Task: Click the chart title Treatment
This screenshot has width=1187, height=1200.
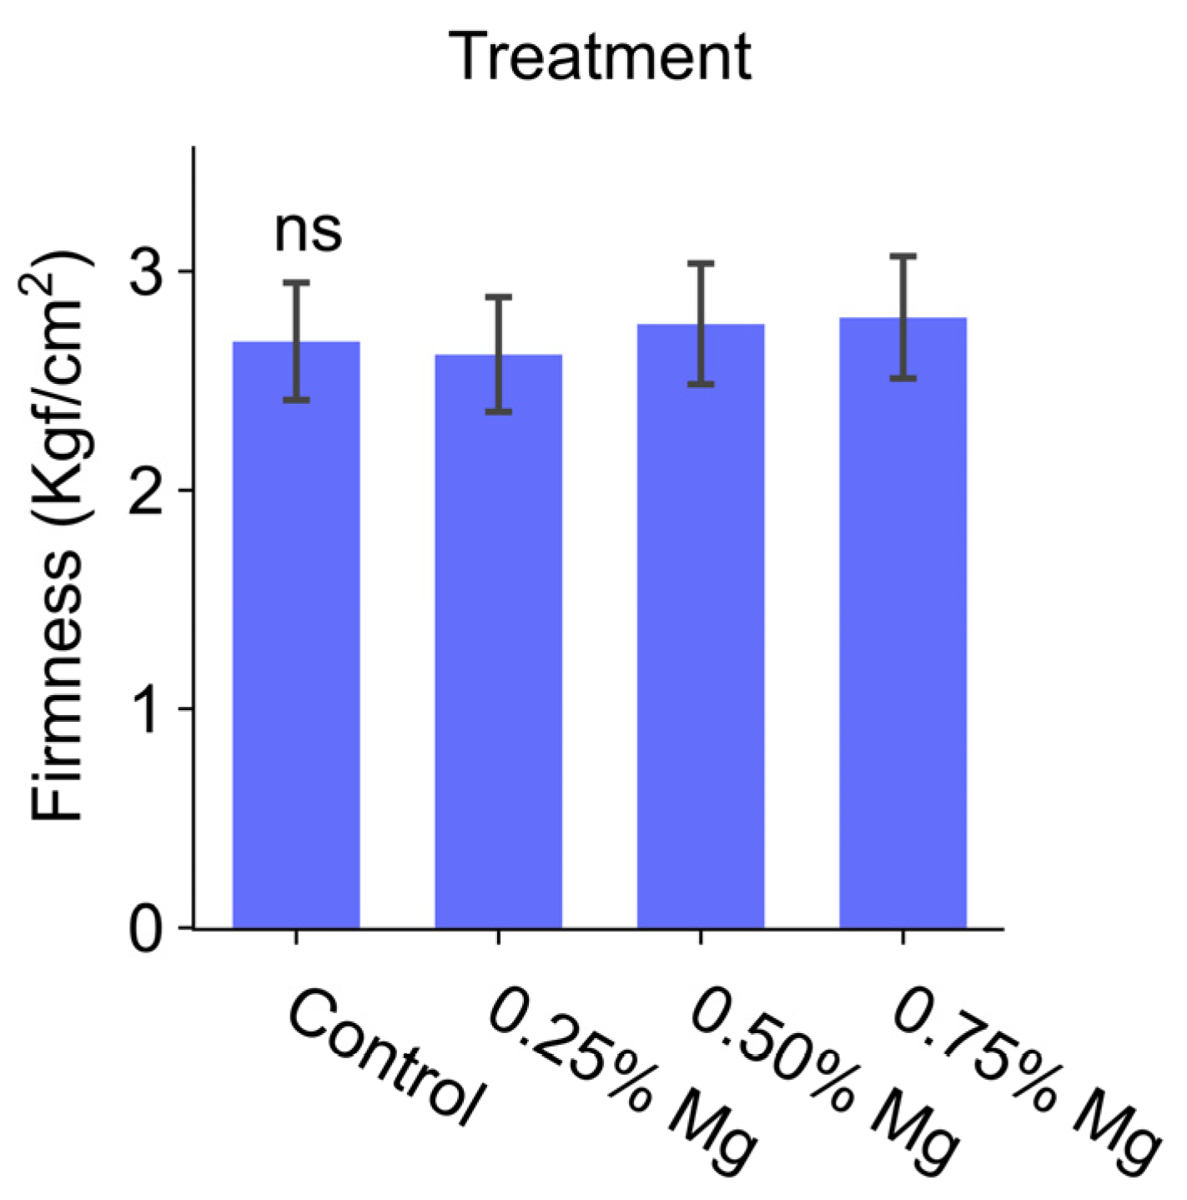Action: [x=601, y=58]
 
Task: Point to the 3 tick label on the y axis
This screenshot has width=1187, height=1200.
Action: [x=151, y=271]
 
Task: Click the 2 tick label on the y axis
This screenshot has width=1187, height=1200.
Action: [x=151, y=490]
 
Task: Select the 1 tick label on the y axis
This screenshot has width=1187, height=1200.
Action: [x=151, y=708]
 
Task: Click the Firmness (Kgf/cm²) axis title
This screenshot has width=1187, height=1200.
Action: [x=60, y=534]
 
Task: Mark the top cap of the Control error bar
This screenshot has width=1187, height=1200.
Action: [x=296, y=283]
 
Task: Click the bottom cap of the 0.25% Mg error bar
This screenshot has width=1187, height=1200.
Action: [x=498, y=411]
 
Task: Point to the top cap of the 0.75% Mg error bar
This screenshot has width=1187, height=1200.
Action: [x=903, y=256]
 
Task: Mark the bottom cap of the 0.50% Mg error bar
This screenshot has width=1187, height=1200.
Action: [x=701, y=384]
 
